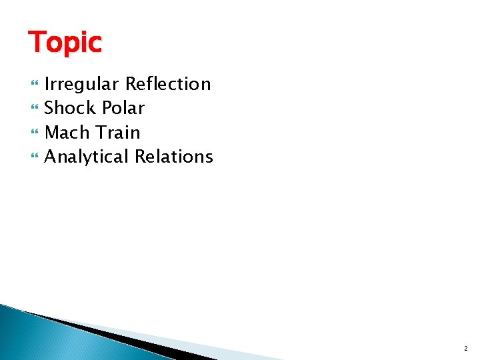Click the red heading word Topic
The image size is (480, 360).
[65, 43]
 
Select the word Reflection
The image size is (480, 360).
[168, 84]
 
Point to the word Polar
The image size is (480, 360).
[125, 108]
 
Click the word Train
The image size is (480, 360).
[118, 132]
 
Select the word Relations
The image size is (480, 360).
[173, 157]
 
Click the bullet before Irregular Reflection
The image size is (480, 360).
[35, 85]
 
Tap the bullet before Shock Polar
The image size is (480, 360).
[35, 109]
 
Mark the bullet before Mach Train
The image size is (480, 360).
[35, 133]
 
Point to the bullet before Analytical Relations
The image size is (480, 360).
[35, 157]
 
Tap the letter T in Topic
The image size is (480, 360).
[36, 41]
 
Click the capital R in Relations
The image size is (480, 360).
[140, 157]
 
